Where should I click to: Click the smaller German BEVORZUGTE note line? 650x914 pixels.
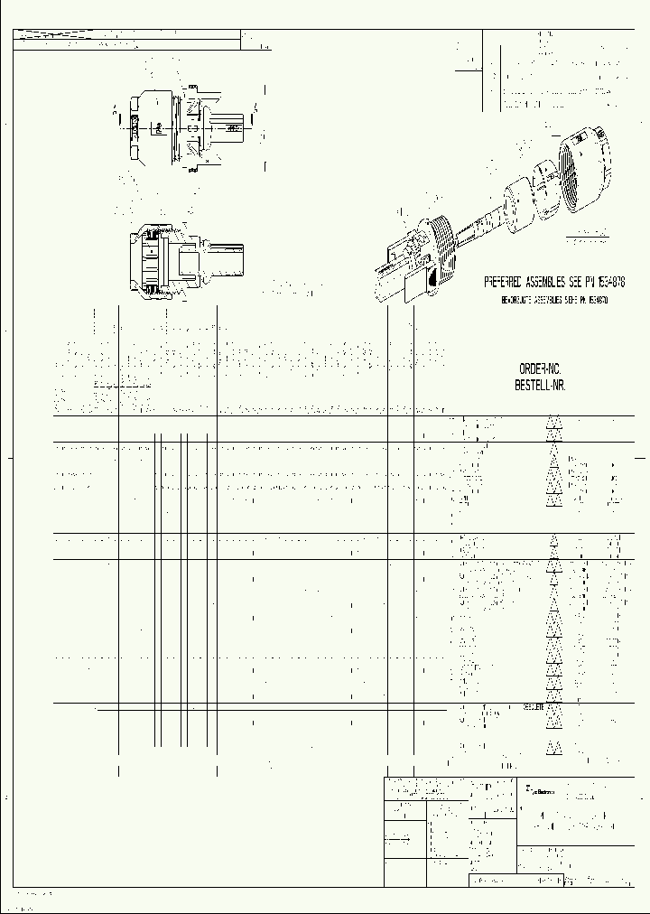pyautogui.click(x=553, y=299)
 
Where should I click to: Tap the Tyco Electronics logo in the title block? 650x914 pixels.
pyautogui.click(x=540, y=792)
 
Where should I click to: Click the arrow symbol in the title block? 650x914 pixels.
pyautogui.click(x=401, y=839)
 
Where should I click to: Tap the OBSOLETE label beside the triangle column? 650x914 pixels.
pyautogui.click(x=534, y=708)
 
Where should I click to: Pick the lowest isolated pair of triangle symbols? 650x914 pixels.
pyautogui.click(x=553, y=747)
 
